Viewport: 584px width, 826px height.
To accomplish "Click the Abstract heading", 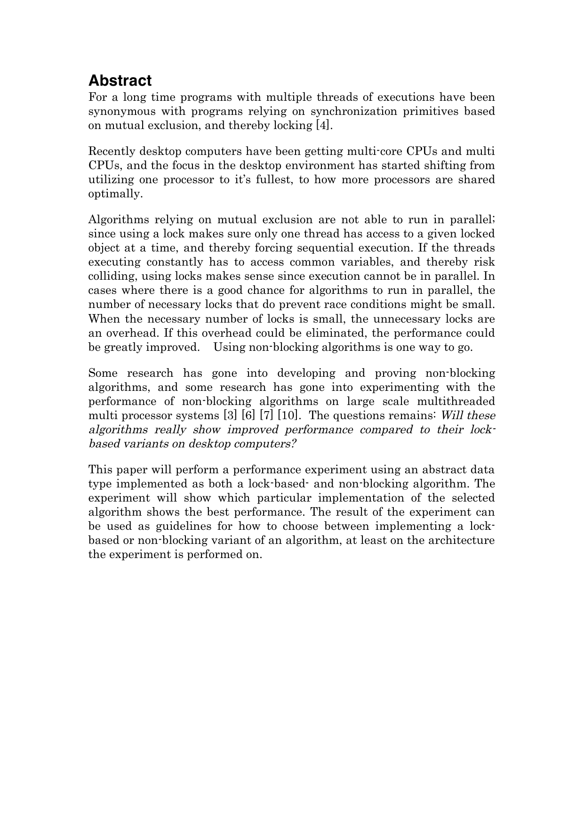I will (120, 81).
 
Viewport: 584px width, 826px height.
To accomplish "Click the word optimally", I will (115, 194).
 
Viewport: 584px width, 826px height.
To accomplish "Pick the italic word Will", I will (452, 416).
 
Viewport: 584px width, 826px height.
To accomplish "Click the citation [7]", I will (266, 416).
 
